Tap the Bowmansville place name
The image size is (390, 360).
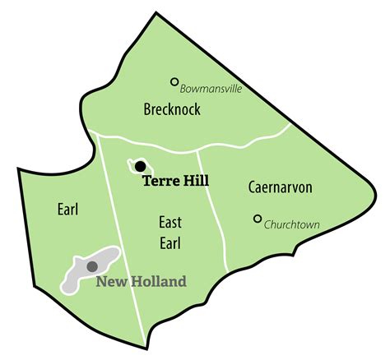(x=211, y=86)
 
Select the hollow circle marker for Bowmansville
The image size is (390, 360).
(x=174, y=81)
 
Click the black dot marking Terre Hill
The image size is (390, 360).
(x=140, y=166)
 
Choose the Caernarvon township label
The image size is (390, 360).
(x=281, y=187)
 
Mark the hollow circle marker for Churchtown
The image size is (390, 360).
(x=258, y=219)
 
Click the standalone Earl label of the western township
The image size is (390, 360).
(x=67, y=210)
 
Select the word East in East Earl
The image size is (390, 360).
(x=170, y=223)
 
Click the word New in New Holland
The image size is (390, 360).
(x=111, y=282)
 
